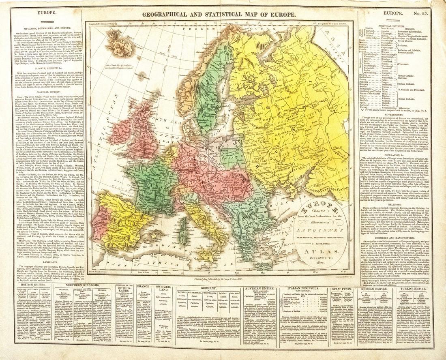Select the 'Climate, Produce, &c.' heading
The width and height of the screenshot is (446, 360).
pyautogui.click(x=47, y=69)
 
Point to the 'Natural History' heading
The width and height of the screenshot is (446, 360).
pyautogui.click(x=47, y=92)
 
